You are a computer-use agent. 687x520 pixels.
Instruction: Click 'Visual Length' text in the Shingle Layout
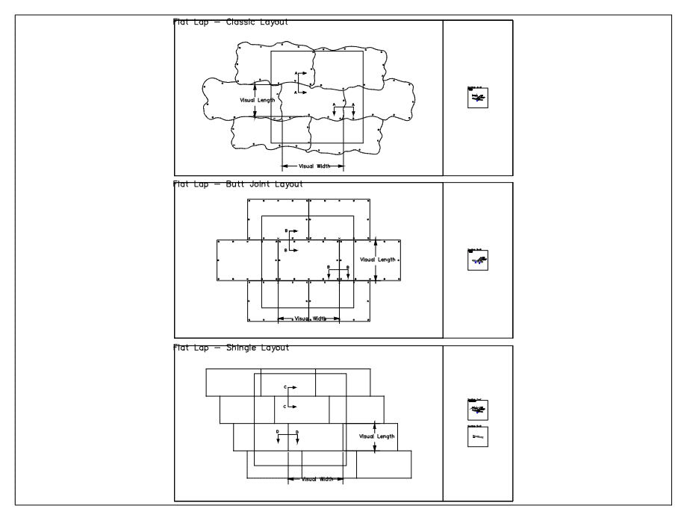[377, 436]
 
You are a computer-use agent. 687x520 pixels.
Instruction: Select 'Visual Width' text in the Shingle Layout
[317, 478]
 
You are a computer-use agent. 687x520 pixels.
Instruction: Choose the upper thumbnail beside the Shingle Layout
[477, 410]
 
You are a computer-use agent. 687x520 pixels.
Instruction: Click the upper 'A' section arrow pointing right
[301, 74]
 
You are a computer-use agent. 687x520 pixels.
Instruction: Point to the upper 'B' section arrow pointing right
[291, 231]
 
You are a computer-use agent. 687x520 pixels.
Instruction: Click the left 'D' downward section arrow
[278, 437]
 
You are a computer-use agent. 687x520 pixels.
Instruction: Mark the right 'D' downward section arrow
[298, 437]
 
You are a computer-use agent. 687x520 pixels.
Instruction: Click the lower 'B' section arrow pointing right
[291, 251]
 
